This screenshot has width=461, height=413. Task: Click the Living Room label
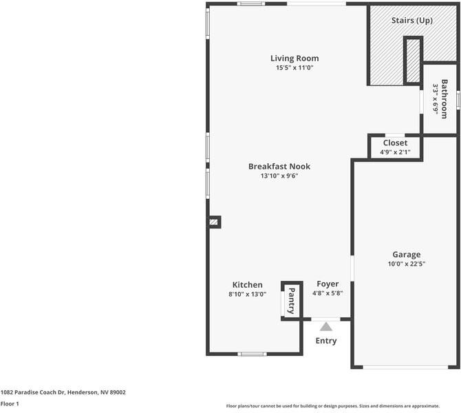coord(294,59)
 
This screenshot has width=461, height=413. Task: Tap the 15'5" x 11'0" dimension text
coord(294,67)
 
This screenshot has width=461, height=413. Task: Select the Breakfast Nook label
coord(279,167)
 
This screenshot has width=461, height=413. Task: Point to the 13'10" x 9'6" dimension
coord(279,176)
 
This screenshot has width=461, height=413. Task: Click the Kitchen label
coord(247,285)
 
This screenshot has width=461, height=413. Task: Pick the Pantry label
coord(291,301)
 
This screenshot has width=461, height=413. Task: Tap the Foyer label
coord(328,284)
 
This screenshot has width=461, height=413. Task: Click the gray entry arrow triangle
coord(325,327)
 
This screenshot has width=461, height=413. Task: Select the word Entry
coord(326,341)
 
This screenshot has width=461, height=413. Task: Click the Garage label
coord(407,255)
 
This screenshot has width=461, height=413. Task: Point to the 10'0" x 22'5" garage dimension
coord(407,264)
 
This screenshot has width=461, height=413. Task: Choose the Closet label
coord(395,143)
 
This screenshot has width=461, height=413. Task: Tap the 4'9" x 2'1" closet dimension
coord(395,152)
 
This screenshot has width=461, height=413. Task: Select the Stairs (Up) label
coord(412,21)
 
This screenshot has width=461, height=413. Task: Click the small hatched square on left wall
coord(214,222)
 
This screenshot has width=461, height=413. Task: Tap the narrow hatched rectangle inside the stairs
coord(413,61)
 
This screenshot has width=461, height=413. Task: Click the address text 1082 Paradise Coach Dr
coord(32,392)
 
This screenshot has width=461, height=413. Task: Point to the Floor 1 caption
coord(10,403)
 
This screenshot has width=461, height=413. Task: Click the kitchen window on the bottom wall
coord(252,354)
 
